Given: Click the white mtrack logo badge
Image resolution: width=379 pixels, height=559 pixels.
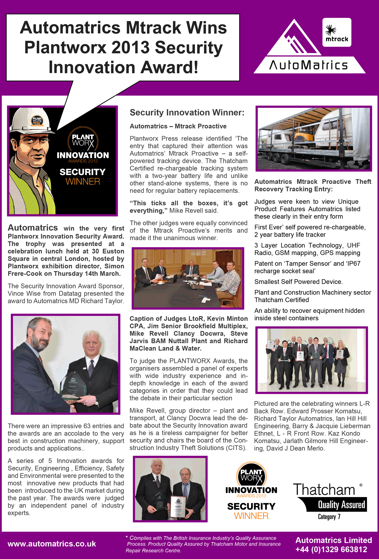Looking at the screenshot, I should tap(337, 32).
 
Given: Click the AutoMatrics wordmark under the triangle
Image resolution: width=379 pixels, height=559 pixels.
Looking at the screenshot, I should tap(309, 65).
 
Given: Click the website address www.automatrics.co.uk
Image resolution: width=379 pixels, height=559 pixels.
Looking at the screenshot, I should tap(52, 544).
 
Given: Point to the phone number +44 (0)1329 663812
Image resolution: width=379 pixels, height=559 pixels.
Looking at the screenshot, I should tap(331, 549).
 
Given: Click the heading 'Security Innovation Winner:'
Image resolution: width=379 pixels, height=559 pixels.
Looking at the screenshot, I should tap(187, 112).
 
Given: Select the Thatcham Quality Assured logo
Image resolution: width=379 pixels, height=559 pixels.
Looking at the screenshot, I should tap(330, 498).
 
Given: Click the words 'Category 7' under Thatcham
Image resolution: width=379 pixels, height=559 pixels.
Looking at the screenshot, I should tap(329, 517).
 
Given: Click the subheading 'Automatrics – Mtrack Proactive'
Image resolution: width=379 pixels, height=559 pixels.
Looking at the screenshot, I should tap(178, 126).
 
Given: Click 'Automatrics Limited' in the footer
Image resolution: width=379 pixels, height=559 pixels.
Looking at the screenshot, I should tap(334, 540).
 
